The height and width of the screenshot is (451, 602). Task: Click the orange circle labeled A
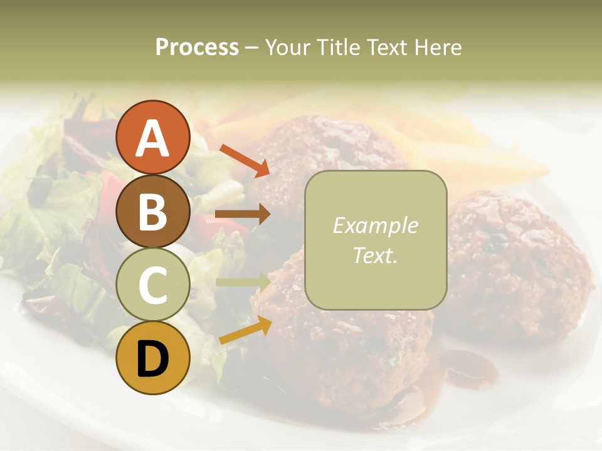point(152,137)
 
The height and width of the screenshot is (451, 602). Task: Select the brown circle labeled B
point(152,211)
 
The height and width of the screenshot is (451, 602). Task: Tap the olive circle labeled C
point(152,284)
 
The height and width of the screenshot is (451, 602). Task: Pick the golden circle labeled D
point(152,358)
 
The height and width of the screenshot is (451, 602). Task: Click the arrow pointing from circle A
point(244,160)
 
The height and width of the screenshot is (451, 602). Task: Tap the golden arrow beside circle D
point(245,329)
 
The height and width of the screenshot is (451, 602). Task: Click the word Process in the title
point(197,47)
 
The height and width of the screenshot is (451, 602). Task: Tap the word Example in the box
point(375,225)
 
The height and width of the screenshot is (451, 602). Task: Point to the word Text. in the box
point(375,255)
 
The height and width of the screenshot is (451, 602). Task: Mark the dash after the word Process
point(251,48)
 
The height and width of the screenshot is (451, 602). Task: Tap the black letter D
point(152,359)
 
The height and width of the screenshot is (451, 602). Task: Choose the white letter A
point(152,138)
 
